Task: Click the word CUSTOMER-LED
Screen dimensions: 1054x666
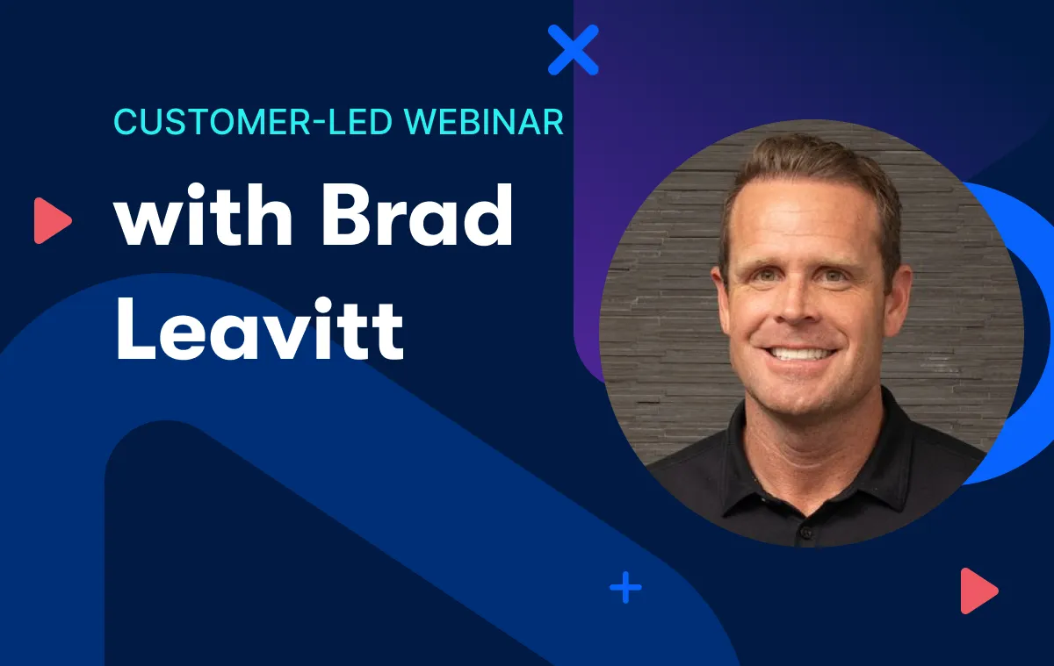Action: point(253,122)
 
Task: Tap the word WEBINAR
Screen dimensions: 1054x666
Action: point(484,122)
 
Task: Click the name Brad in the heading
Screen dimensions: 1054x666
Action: point(418,215)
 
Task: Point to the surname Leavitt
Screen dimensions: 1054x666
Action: point(260,328)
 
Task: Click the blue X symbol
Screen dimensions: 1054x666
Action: point(573,50)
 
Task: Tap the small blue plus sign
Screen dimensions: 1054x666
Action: point(625,588)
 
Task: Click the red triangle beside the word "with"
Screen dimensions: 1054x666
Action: point(52,220)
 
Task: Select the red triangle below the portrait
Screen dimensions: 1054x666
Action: point(978,591)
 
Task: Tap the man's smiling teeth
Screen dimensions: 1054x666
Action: point(798,354)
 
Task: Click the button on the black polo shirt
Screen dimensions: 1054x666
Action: point(806,533)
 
